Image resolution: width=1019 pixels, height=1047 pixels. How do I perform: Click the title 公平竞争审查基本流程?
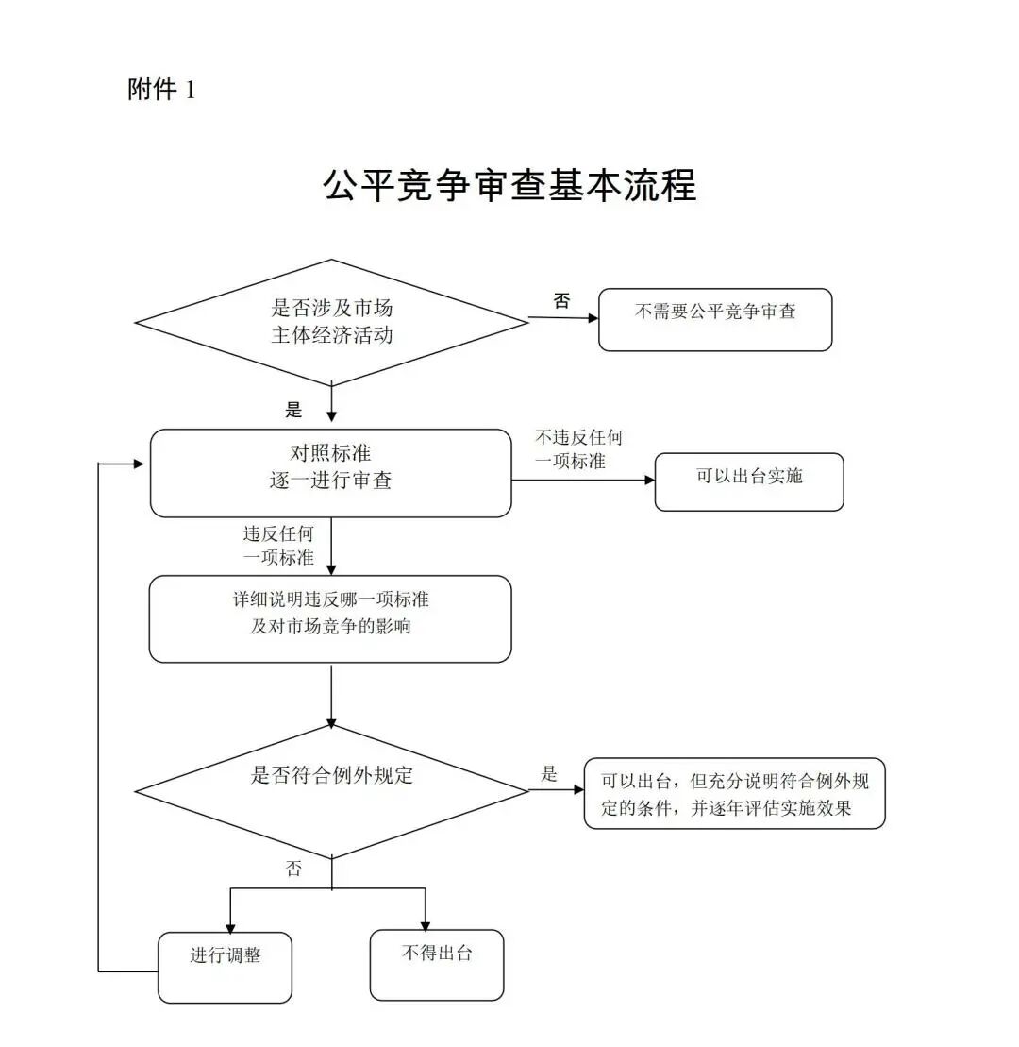[x=509, y=186]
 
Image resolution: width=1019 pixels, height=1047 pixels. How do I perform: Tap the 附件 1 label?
[x=161, y=91]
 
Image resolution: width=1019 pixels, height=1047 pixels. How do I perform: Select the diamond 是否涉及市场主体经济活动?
[x=331, y=322]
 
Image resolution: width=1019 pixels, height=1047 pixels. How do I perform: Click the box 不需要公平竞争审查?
[x=715, y=319]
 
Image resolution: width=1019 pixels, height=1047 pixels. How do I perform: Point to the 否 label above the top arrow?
[x=561, y=301]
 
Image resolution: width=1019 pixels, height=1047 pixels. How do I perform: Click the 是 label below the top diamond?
[x=293, y=410]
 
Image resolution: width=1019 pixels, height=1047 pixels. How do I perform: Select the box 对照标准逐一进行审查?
[x=331, y=472]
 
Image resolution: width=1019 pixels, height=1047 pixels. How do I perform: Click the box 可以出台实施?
[x=749, y=481]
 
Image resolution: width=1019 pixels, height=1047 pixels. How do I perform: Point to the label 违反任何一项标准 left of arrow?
[x=278, y=546]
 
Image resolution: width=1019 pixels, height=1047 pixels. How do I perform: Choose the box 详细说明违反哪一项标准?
[x=330, y=618]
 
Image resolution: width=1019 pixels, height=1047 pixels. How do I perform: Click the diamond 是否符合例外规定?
[x=331, y=789]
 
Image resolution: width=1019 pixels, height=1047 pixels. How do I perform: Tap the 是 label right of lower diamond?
[x=549, y=774]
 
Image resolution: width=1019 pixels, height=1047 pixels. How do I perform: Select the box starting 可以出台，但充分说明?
[x=734, y=793]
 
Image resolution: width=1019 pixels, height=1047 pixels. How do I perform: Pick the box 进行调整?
[x=225, y=967]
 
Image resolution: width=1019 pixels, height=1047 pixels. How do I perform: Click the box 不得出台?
[x=436, y=964]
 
